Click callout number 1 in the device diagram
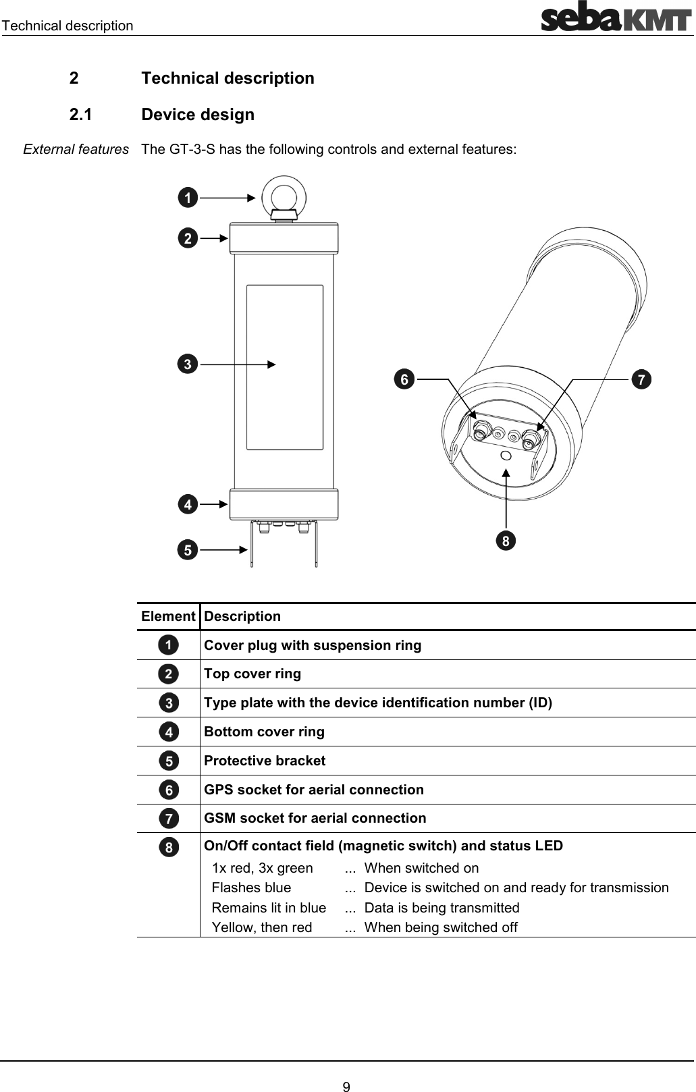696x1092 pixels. pyautogui.click(x=188, y=198)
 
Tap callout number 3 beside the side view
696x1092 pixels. pyautogui.click(x=188, y=364)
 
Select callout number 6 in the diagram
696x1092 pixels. pyautogui.click(x=404, y=379)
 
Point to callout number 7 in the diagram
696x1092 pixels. pyautogui.click(x=641, y=379)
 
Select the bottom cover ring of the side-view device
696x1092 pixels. pyautogui.click(x=284, y=503)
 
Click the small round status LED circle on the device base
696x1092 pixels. pyautogui.click(x=506, y=456)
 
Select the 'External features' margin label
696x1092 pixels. pyautogui.click(x=76, y=149)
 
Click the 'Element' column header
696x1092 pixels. pyautogui.click(x=168, y=616)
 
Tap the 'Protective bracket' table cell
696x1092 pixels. pyautogui.click(x=265, y=761)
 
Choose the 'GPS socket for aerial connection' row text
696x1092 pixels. pyautogui.click(x=314, y=790)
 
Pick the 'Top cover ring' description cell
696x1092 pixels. pyautogui.click(x=252, y=674)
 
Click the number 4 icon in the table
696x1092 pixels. pyautogui.click(x=169, y=732)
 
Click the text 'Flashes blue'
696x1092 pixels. pyautogui.click(x=251, y=888)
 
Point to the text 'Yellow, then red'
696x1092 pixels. pyautogui.click(x=262, y=927)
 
